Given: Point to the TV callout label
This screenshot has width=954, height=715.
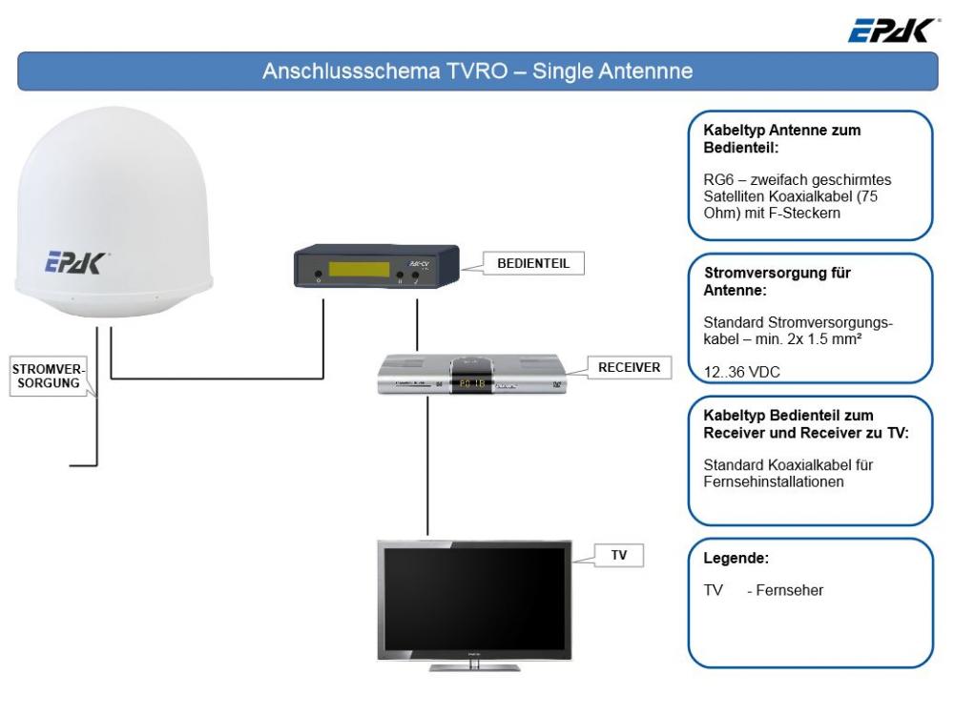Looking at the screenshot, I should [618, 554].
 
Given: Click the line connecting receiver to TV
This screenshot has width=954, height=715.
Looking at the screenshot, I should [427, 467].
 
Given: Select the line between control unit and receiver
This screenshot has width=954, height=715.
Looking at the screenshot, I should [417, 324].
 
